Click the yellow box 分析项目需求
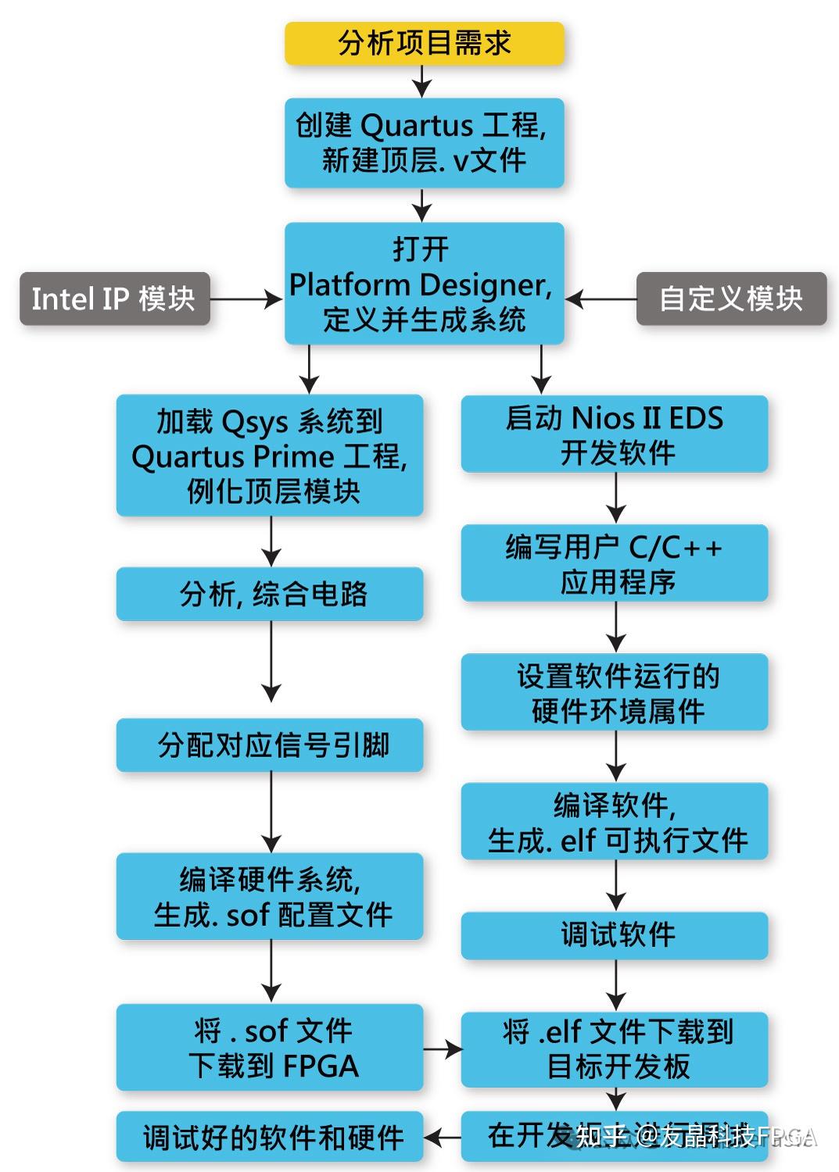click(424, 43)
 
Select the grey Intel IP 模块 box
click(114, 298)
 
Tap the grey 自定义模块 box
click(731, 298)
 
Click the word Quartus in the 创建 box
click(417, 126)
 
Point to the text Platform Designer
click(420, 285)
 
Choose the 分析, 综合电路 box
click(270, 595)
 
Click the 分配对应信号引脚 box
click(270, 745)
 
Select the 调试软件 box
click(615, 935)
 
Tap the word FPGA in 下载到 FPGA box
click(320, 1067)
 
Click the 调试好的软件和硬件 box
click(270, 1138)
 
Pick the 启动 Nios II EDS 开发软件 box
click(615, 434)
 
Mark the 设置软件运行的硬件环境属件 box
click(615, 693)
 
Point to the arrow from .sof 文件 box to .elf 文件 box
click(442, 1049)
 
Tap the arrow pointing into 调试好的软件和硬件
click(442, 1138)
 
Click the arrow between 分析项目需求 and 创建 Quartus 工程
click(422, 80)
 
